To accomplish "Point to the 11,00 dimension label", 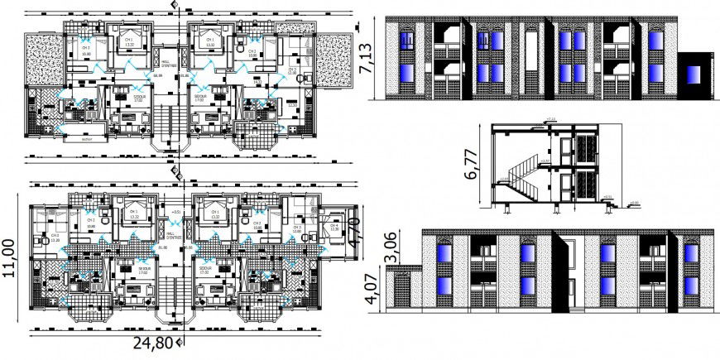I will (10, 262).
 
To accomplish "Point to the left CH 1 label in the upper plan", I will (128, 39).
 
